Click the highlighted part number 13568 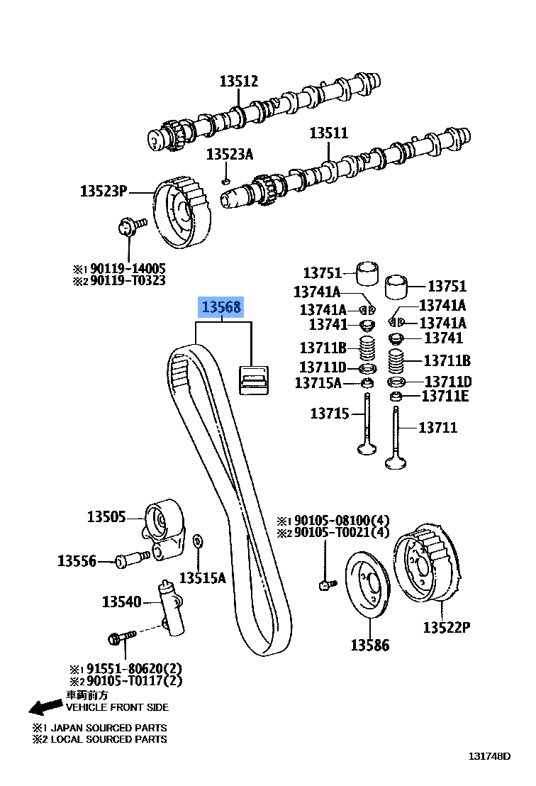(x=222, y=307)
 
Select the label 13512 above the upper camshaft (x=238, y=82)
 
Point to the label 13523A (x=229, y=154)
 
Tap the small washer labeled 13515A (x=198, y=542)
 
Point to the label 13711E (x=445, y=396)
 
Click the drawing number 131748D (x=488, y=756)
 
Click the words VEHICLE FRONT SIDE (x=117, y=707)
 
